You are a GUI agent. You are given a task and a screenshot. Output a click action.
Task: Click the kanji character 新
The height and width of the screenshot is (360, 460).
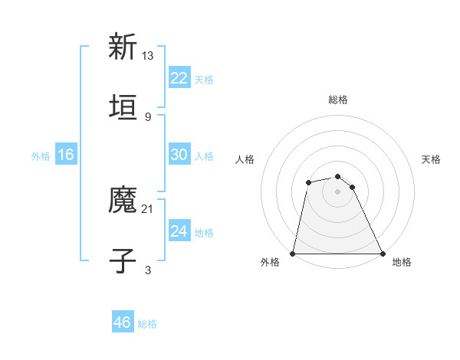coord(123,47)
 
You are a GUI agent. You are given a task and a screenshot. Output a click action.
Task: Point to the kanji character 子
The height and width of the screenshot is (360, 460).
coord(123,260)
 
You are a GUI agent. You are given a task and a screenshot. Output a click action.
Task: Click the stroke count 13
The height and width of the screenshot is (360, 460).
coord(148,55)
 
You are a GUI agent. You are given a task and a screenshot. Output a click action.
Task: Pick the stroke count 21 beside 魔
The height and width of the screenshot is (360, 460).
coord(148,208)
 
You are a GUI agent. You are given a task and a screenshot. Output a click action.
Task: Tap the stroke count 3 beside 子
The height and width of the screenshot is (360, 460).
coord(148,270)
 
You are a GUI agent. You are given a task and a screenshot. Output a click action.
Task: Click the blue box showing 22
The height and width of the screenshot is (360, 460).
coord(179,78)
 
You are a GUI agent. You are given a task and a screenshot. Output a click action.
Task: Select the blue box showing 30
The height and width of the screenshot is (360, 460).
coord(179,155)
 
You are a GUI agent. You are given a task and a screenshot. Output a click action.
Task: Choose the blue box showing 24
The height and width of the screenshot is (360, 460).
coord(179,231)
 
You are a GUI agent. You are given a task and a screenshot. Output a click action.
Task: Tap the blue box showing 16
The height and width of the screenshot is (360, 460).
coord(66,155)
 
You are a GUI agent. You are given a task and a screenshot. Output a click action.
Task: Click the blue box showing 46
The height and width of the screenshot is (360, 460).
coord(123,322)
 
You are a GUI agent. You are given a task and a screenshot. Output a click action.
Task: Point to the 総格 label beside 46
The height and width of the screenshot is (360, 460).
coord(147,324)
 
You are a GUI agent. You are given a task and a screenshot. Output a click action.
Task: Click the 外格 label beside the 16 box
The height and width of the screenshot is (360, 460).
coord(41,156)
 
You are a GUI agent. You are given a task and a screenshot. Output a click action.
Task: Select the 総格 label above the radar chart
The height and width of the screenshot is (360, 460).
coord(338,100)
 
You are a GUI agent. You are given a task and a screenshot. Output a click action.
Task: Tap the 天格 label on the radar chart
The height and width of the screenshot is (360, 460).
coord(432,159)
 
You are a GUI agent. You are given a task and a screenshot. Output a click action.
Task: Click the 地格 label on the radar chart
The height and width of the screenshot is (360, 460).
coord(402,263)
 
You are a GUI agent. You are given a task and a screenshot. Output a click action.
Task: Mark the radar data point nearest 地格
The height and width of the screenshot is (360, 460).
coord(383,254)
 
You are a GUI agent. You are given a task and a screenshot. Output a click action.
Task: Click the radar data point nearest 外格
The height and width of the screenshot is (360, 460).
coord(293,254)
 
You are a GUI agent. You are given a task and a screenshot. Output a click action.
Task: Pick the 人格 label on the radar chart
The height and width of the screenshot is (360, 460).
coord(245,159)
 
